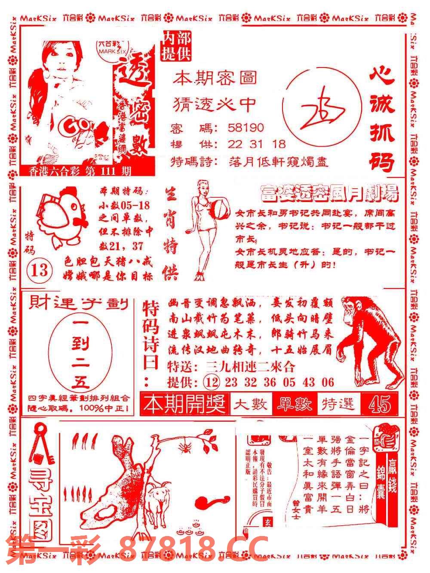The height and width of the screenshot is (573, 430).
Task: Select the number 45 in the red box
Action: (380, 404)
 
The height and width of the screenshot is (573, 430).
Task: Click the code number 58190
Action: (246, 128)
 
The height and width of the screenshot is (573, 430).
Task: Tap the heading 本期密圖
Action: (215, 78)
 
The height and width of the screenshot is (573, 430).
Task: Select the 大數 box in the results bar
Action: (251, 404)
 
